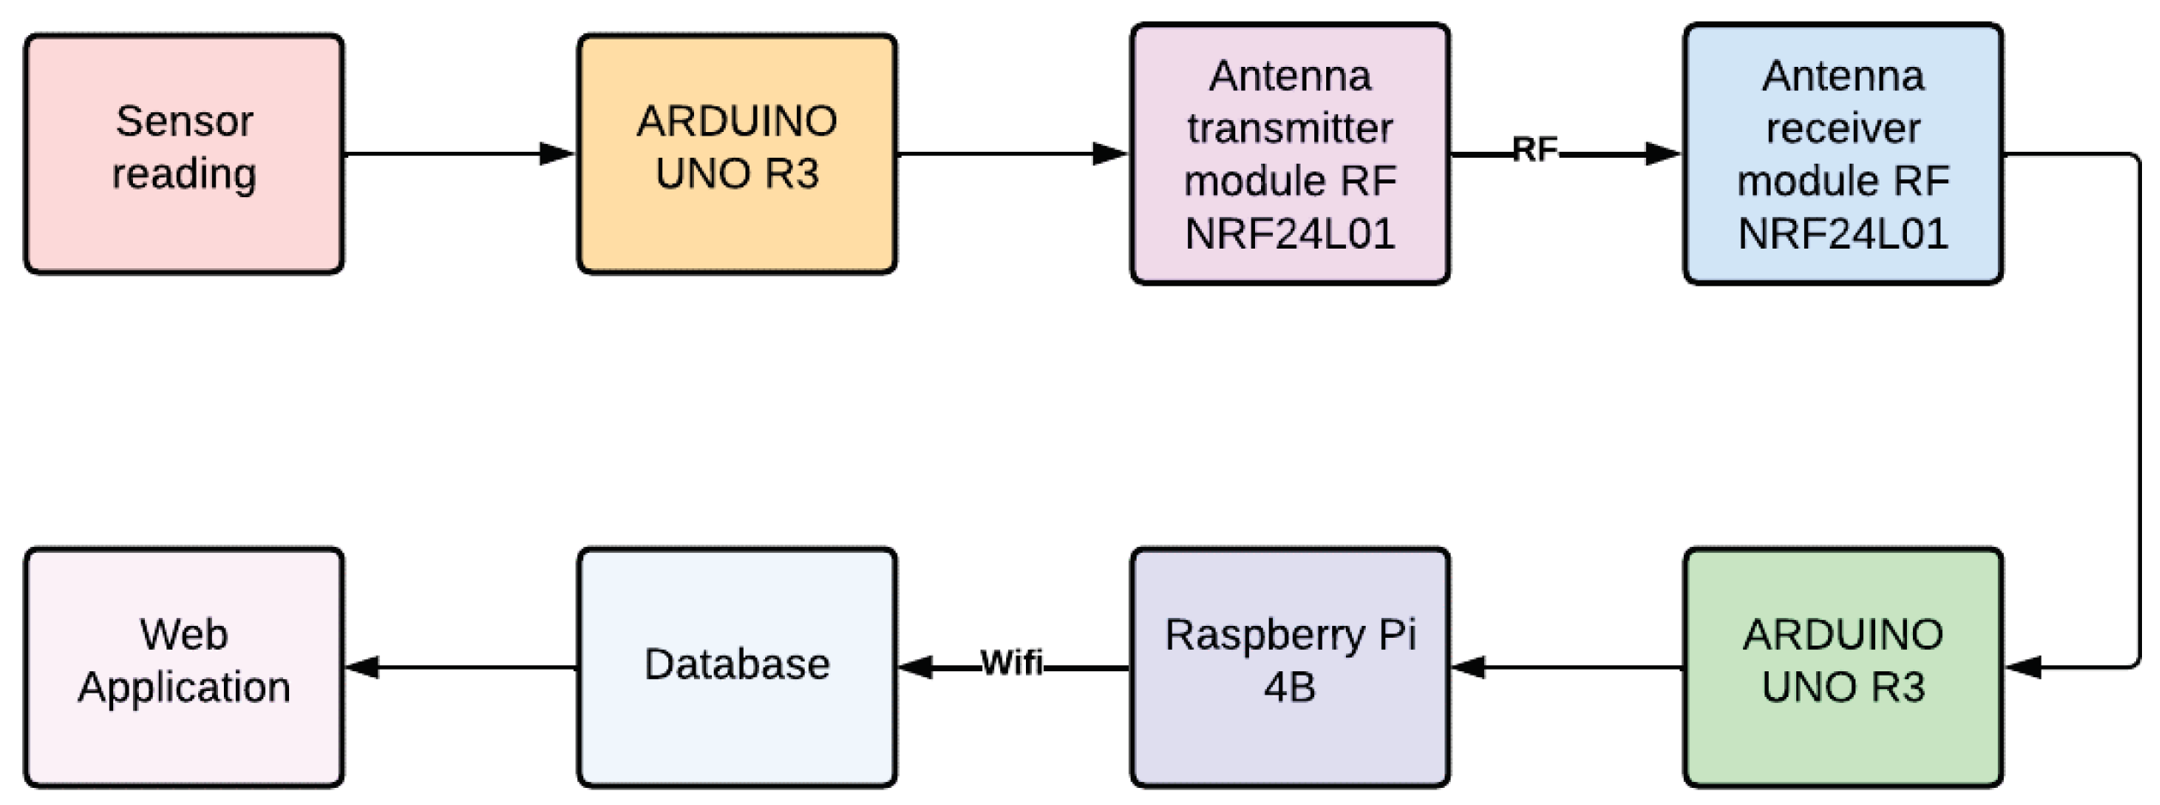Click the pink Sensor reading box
pyautogui.click(x=184, y=154)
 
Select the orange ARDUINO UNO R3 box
pyautogui.click(x=737, y=154)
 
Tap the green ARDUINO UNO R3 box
pyautogui.click(x=1843, y=667)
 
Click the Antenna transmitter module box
pyautogui.click(x=1289, y=154)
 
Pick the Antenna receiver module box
pyautogui.click(x=1843, y=154)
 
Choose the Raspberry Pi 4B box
pyautogui.click(x=1289, y=667)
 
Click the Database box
pyautogui.click(x=737, y=667)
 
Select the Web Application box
pyautogui.click(x=184, y=667)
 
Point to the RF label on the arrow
pyautogui.click(x=1535, y=149)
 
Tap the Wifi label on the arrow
pyautogui.click(x=1011, y=662)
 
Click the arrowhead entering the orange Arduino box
pyautogui.click(x=558, y=154)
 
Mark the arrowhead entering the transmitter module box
pyautogui.click(x=1110, y=154)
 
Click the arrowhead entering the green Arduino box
pyautogui.click(x=2022, y=667)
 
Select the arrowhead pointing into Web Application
pyautogui.click(x=362, y=667)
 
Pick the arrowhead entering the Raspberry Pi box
pyautogui.click(x=1468, y=667)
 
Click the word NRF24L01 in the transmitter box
pyautogui.click(x=1289, y=234)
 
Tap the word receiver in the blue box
pyautogui.click(x=1843, y=129)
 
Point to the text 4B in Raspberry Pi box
pyautogui.click(x=1289, y=688)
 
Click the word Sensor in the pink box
pyautogui.click(x=184, y=121)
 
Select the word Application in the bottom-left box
pyautogui.click(x=184, y=688)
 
